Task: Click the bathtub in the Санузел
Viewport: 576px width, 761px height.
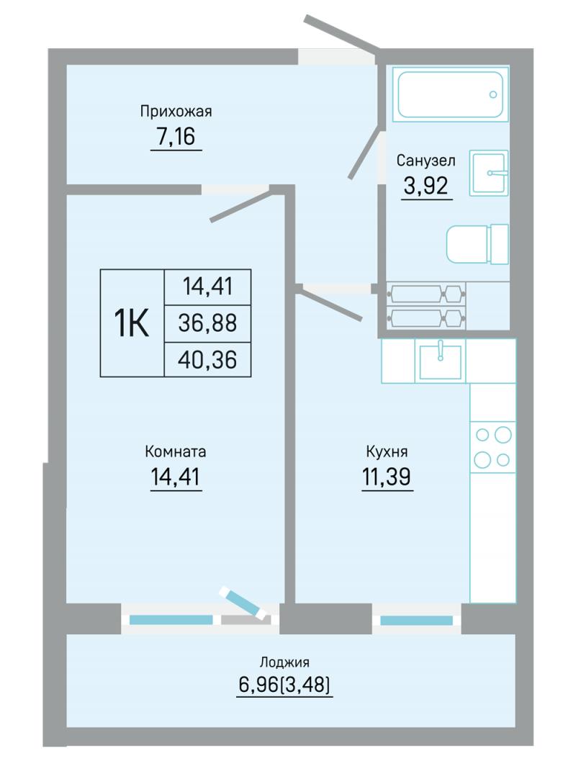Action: click(450, 94)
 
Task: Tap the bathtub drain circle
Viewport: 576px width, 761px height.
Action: click(493, 94)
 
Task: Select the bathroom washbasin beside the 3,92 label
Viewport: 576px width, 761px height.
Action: click(489, 173)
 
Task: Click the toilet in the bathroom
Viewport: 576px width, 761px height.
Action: click(477, 245)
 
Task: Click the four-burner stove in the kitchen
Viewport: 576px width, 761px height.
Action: click(492, 446)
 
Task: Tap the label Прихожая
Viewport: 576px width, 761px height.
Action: click(176, 111)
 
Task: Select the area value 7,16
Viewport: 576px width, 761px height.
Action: click(176, 136)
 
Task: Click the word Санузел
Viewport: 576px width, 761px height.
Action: click(426, 160)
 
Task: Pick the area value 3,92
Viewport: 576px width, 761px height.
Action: click(426, 185)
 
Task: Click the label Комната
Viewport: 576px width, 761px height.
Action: click(176, 451)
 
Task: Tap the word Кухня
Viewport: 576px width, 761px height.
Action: click(387, 451)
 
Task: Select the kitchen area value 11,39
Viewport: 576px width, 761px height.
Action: click(387, 477)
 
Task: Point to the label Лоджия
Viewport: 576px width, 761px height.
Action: click(284, 662)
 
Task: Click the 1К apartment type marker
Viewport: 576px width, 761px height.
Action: click(132, 323)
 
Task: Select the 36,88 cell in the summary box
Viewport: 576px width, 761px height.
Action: click(207, 323)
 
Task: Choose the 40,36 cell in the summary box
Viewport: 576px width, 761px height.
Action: click(207, 360)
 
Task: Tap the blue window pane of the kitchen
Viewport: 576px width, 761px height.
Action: click(416, 621)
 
